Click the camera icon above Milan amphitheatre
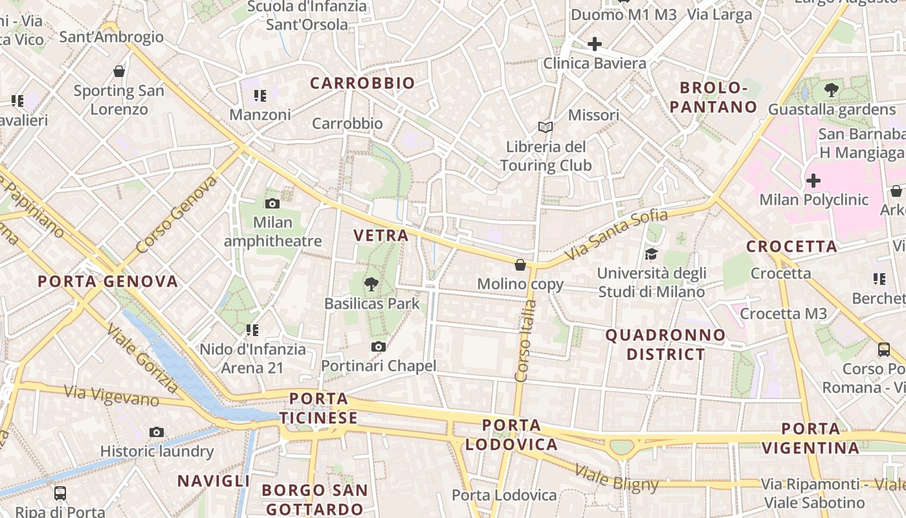pos(272,204)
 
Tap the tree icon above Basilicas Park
pos(371,284)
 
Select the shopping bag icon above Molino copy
pos(520,265)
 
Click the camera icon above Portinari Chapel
pos(379,347)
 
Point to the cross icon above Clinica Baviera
pos(594,44)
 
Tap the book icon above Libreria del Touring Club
pos(546,127)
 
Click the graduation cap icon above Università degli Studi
pos(651,254)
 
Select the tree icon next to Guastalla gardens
pos(832,91)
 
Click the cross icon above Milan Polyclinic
pos(813,181)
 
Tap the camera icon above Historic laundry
pos(156,432)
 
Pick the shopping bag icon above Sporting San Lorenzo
pos(118,71)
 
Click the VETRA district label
pos(381,236)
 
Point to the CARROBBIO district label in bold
pos(362,84)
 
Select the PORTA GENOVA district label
pos(107,282)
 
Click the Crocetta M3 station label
pos(783,314)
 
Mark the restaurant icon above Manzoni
pos(260,96)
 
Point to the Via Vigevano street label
pos(111,395)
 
